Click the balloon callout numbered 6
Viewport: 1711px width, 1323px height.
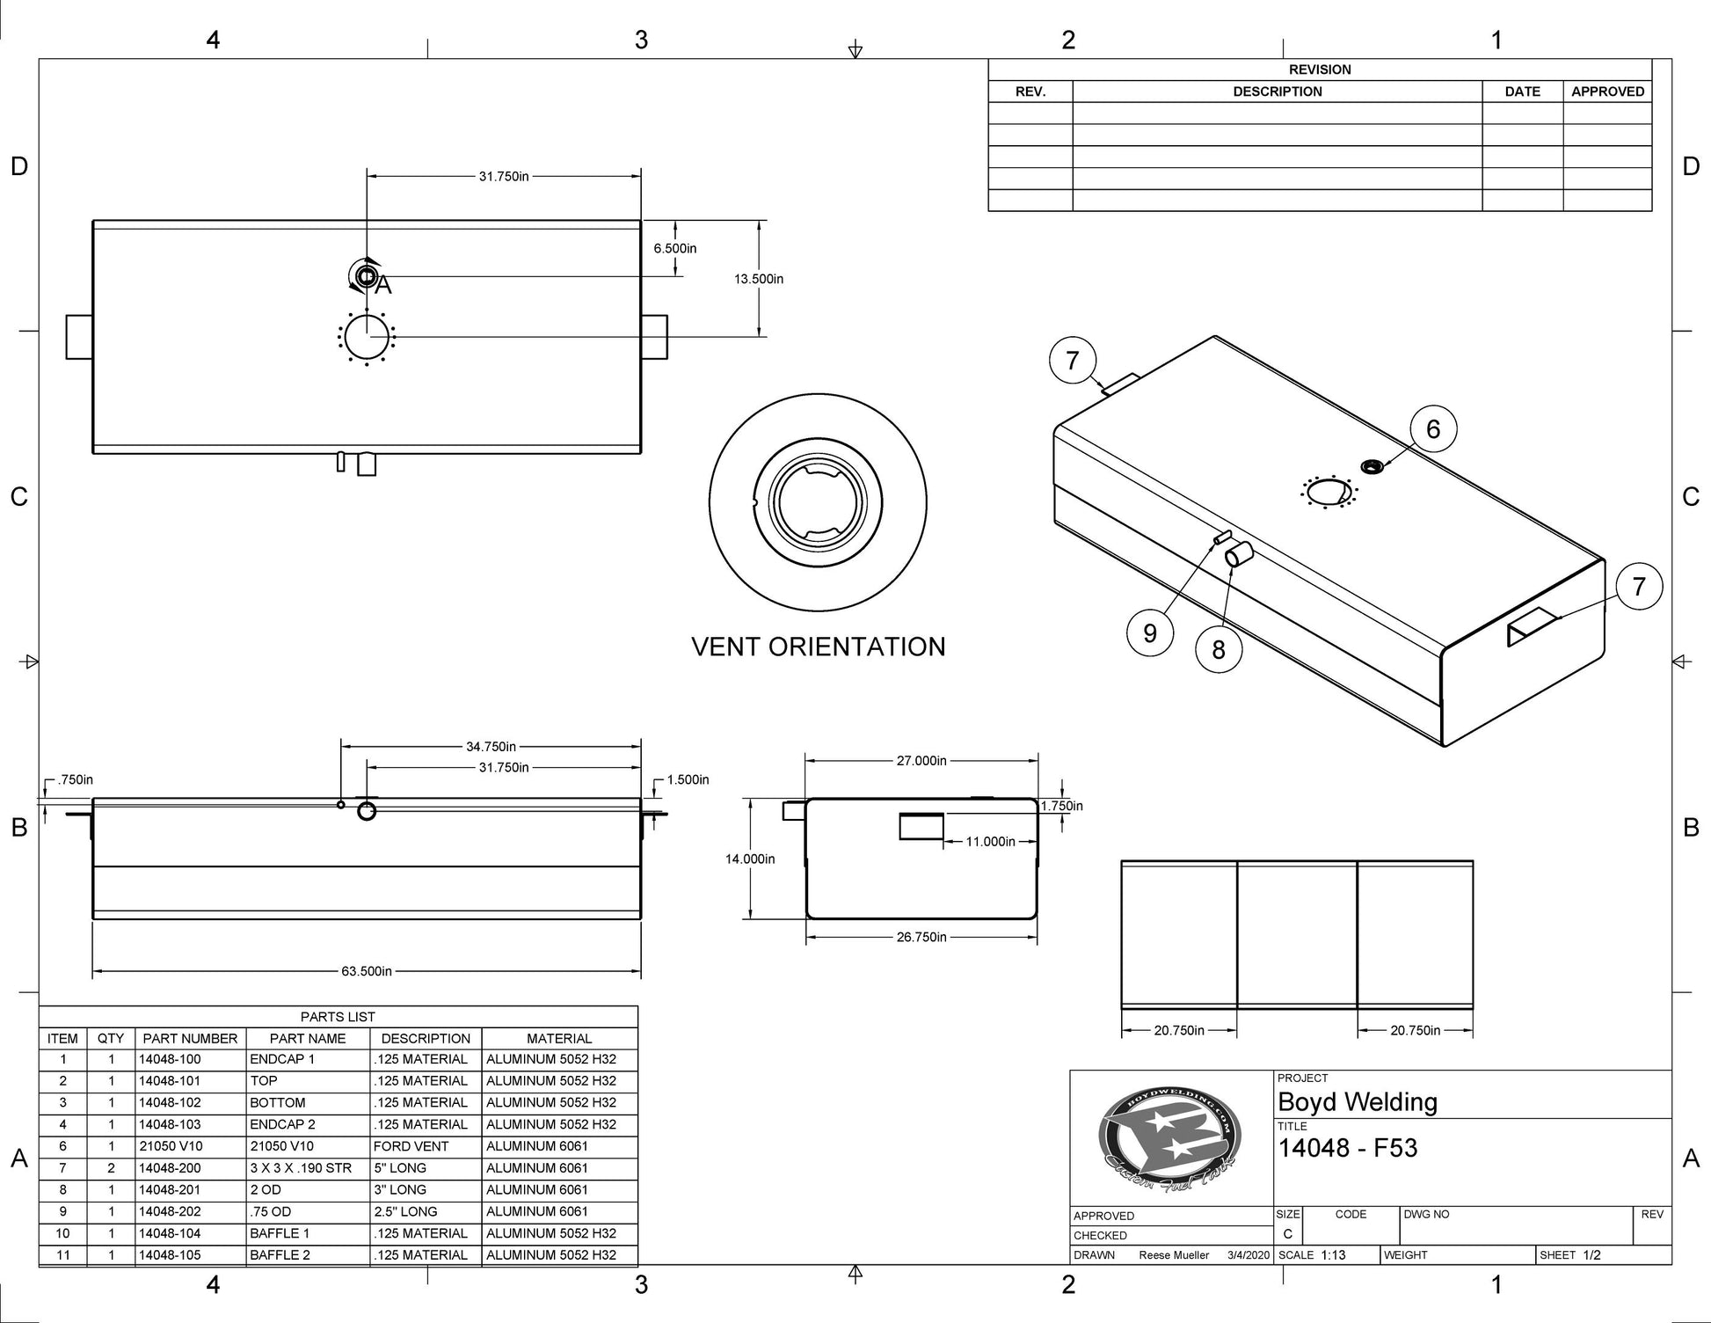point(1433,429)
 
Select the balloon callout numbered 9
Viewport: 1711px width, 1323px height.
point(1149,633)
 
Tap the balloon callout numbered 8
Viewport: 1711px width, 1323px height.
point(1218,650)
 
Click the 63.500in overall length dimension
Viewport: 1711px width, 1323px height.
point(367,971)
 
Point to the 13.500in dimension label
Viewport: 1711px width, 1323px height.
point(759,279)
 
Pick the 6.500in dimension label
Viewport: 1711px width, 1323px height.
point(674,249)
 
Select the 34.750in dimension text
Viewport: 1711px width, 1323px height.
point(491,747)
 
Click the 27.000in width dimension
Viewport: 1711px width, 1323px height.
point(921,761)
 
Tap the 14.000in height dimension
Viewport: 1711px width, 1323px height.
point(750,859)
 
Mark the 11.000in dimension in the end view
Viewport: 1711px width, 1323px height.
point(990,842)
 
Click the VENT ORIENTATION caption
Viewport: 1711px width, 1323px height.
point(819,647)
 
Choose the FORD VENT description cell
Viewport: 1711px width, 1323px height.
point(411,1146)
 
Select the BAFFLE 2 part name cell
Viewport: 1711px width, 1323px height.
point(280,1255)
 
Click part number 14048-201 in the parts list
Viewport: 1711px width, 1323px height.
point(170,1189)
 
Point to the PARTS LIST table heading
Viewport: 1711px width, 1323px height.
point(338,1017)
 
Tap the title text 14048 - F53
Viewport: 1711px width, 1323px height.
point(1347,1148)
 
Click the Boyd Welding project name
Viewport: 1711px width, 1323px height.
point(1357,1101)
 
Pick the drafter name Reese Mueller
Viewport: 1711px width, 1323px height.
point(1174,1255)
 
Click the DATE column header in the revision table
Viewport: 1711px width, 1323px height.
point(1522,91)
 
